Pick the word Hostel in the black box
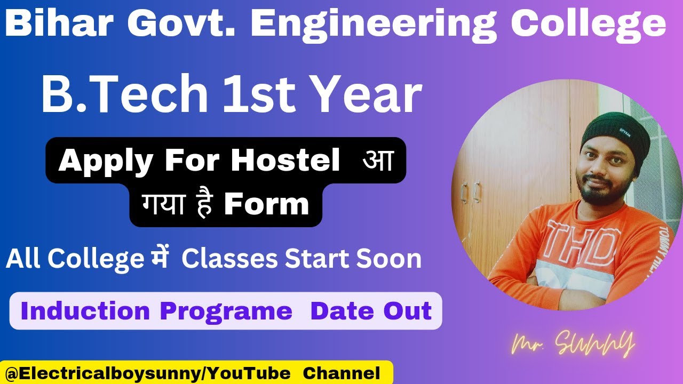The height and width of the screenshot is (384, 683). pyautogui.click(x=285, y=160)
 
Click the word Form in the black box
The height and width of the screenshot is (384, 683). pyautogui.click(x=266, y=204)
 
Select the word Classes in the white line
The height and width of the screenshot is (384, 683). pyautogui.click(x=229, y=259)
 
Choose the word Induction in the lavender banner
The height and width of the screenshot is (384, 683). pyautogui.click(x=85, y=311)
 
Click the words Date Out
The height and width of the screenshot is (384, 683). pyautogui.click(x=371, y=311)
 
